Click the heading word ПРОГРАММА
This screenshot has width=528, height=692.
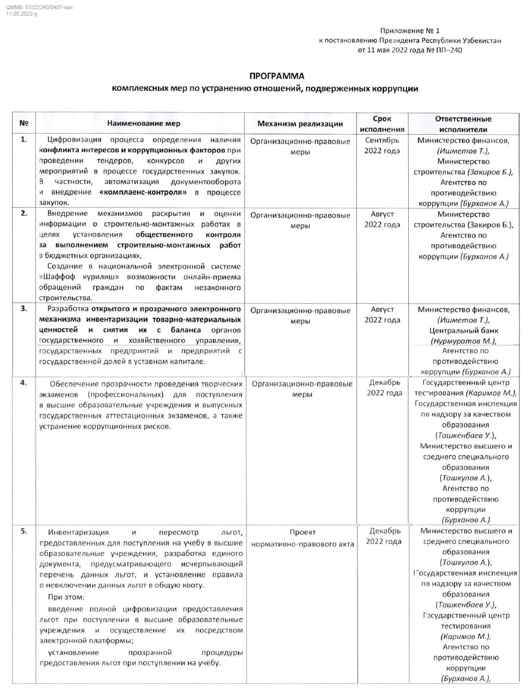tap(276, 76)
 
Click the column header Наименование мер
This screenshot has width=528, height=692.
tap(143, 123)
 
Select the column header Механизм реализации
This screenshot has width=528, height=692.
tap(300, 124)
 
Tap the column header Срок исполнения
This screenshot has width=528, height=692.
tap(382, 124)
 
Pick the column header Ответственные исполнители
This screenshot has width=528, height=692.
tap(463, 124)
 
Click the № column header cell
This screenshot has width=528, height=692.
tap(24, 123)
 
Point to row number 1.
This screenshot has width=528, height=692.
tap(24, 139)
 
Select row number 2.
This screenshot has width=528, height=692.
tap(24, 214)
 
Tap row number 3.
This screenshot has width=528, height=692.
tap(24, 308)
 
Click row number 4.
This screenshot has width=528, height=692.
tap(24, 383)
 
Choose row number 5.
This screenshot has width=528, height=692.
tap(24, 531)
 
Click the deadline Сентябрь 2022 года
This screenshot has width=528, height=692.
tap(382, 145)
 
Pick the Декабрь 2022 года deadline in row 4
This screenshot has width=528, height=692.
tap(382, 388)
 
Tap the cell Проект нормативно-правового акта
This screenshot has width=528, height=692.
tap(302, 538)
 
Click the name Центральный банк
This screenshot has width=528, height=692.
tap(463, 331)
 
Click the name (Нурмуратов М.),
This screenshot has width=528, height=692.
tap(463, 341)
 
